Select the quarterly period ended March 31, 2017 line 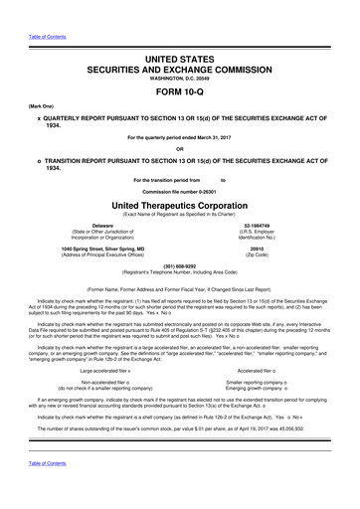pos(179,136)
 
